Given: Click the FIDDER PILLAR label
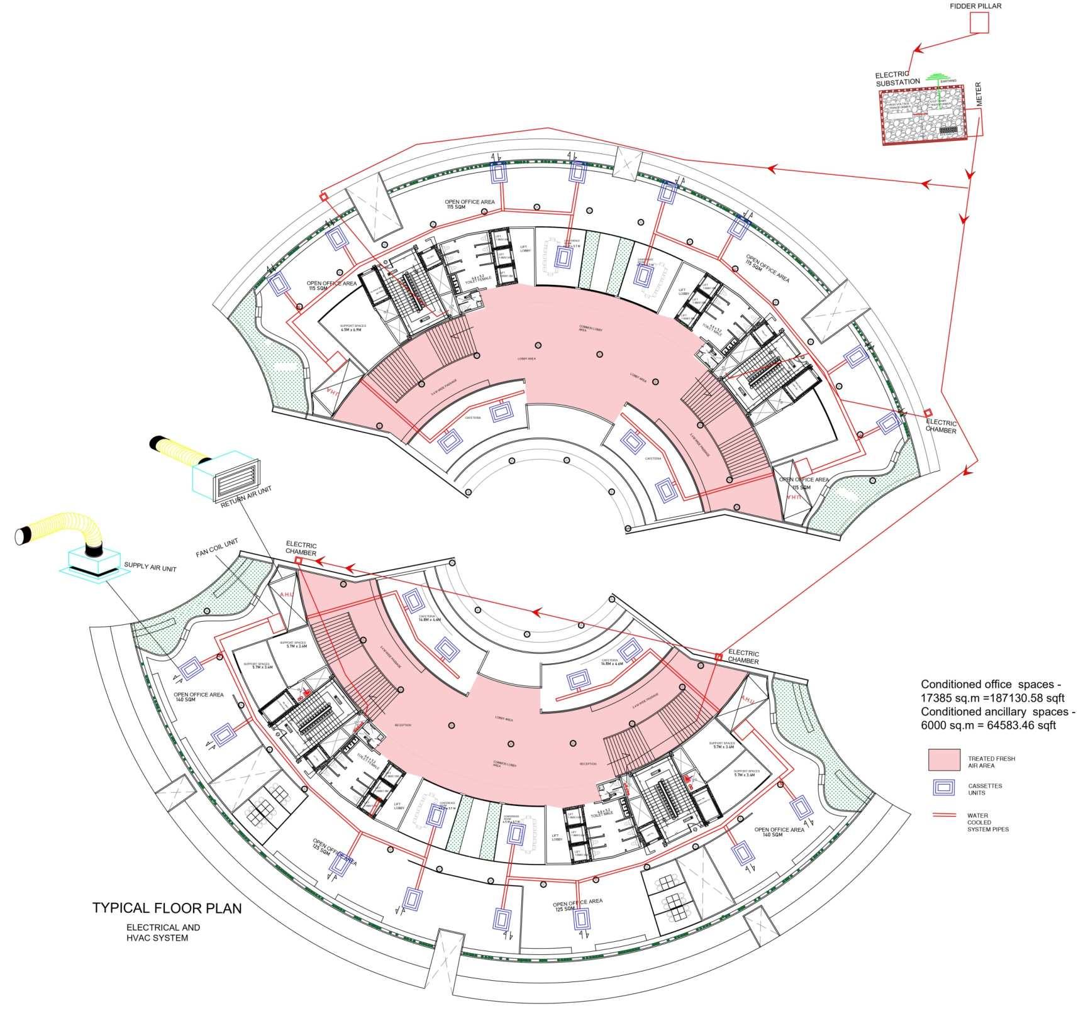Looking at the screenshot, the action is (x=975, y=6).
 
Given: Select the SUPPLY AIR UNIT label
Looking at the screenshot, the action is (x=150, y=568).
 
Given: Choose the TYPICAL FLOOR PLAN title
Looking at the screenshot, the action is (x=167, y=908).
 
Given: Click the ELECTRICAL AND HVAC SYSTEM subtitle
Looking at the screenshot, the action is (x=163, y=932).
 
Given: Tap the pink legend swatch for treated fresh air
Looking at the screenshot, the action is (x=944, y=759).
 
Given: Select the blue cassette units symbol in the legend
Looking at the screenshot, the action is (x=944, y=788).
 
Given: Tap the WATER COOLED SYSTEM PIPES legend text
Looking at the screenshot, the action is (x=988, y=822).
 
